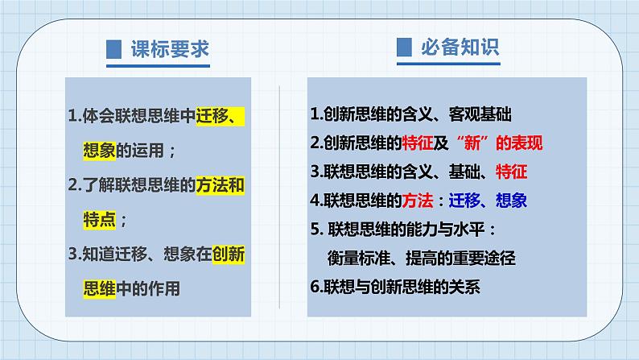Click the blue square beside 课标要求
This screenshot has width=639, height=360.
click(113, 49)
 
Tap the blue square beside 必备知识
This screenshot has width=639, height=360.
click(404, 48)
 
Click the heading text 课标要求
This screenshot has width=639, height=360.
click(170, 49)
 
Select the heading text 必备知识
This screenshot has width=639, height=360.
click(460, 48)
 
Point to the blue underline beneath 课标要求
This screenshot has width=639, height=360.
click(158, 66)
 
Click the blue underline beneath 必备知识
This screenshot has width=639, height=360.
click(449, 64)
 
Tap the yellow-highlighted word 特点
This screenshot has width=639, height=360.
click(100, 220)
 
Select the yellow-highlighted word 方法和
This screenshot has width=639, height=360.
click(220, 185)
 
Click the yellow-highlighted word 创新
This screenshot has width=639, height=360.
click(229, 254)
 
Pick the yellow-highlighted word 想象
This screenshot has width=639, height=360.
click(100, 151)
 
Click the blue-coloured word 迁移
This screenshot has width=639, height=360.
click(464, 201)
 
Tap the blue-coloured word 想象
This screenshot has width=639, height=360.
click(512, 201)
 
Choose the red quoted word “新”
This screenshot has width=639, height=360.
click(472, 143)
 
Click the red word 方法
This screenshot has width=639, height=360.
click(418, 201)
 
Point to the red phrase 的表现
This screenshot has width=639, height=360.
click(519, 143)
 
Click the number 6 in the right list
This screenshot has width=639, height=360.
click(314, 287)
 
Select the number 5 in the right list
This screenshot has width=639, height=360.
click(314, 230)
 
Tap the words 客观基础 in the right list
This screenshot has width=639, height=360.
click(480, 114)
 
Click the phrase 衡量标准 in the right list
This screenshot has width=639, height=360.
click(359, 258)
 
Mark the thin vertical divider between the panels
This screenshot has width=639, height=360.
click(279, 197)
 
